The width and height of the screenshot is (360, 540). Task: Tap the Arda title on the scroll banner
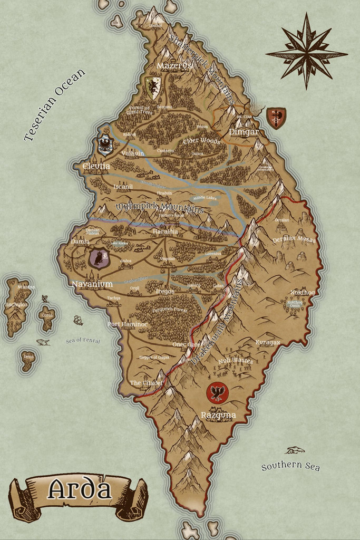tap(79, 490)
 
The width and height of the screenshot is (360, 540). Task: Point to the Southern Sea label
tap(290, 466)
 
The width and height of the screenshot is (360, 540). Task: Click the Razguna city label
tap(218, 416)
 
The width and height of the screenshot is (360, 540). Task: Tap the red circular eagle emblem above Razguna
tap(217, 392)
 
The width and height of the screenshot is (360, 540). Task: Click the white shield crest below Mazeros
tap(153, 86)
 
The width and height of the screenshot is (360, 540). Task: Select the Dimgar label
tap(244, 132)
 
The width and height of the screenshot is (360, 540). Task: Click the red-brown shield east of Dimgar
tap(276, 118)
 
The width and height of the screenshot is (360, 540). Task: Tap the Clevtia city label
tap(96, 167)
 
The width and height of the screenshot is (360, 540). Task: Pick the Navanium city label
tap(92, 284)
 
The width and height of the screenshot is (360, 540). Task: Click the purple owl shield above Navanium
tap(99, 258)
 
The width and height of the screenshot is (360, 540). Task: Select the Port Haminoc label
tap(128, 324)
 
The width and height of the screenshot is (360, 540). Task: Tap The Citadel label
tap(143, 382)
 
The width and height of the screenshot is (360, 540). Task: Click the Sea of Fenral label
tap(83, 341)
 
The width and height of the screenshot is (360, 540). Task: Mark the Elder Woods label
tap(201, 141)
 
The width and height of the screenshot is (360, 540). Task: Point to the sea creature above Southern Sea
tap(295, 450)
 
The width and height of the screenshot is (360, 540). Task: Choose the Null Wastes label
tap(236, 361)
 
